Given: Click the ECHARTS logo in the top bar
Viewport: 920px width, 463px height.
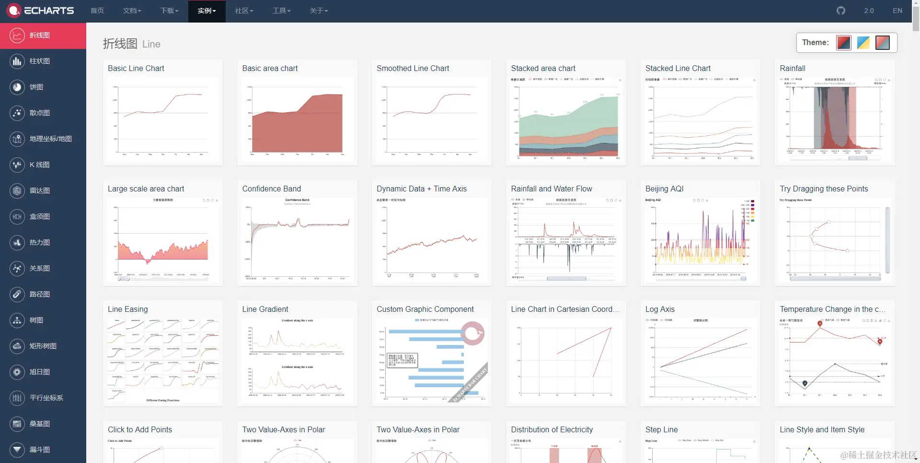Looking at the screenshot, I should tap(41, 11).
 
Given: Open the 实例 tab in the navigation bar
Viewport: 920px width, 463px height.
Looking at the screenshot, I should tap(207, 11).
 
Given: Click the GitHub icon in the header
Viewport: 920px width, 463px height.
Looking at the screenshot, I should tap(841, 11).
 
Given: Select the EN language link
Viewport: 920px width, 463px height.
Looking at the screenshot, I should tap(897, 11).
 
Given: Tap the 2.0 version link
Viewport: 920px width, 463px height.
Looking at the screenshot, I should tap(869, 11).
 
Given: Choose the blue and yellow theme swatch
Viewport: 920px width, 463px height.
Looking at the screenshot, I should tap(863, 43).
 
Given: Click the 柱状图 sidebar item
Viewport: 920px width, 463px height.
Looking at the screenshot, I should tap(40, 61).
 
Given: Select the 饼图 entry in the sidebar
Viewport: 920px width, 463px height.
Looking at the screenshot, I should tap(36, 87).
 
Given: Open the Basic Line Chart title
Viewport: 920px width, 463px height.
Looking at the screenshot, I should tap(136, 68).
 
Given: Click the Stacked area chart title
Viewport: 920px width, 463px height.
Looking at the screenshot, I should tap(543, 68).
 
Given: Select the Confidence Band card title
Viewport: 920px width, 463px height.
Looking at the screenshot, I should tap(271, 189).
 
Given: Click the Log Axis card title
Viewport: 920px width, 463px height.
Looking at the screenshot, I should tap(660, 309).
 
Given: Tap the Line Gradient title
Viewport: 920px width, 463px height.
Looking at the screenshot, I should tap(265, 309).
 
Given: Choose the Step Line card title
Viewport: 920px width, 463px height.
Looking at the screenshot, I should tap(661, 429).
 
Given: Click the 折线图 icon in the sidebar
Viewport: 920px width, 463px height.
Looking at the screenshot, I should tap(17, 35).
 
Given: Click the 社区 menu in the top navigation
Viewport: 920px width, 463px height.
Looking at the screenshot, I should tap(244, 11).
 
